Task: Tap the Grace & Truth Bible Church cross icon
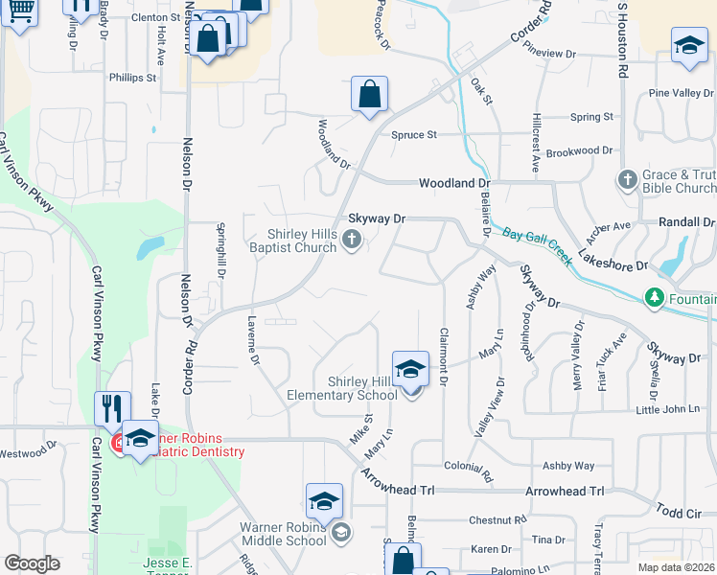(628, 179)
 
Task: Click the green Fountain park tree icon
(655, 298)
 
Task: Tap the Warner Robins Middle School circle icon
(340, 531)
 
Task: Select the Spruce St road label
(413, 135)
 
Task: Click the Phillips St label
(132, 78)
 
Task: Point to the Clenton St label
(156, 17)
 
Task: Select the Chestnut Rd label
(498, 520)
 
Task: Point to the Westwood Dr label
(29, 452)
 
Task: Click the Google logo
(32, 563)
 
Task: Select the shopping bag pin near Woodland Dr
(369, 95)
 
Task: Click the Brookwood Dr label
(578, 151)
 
